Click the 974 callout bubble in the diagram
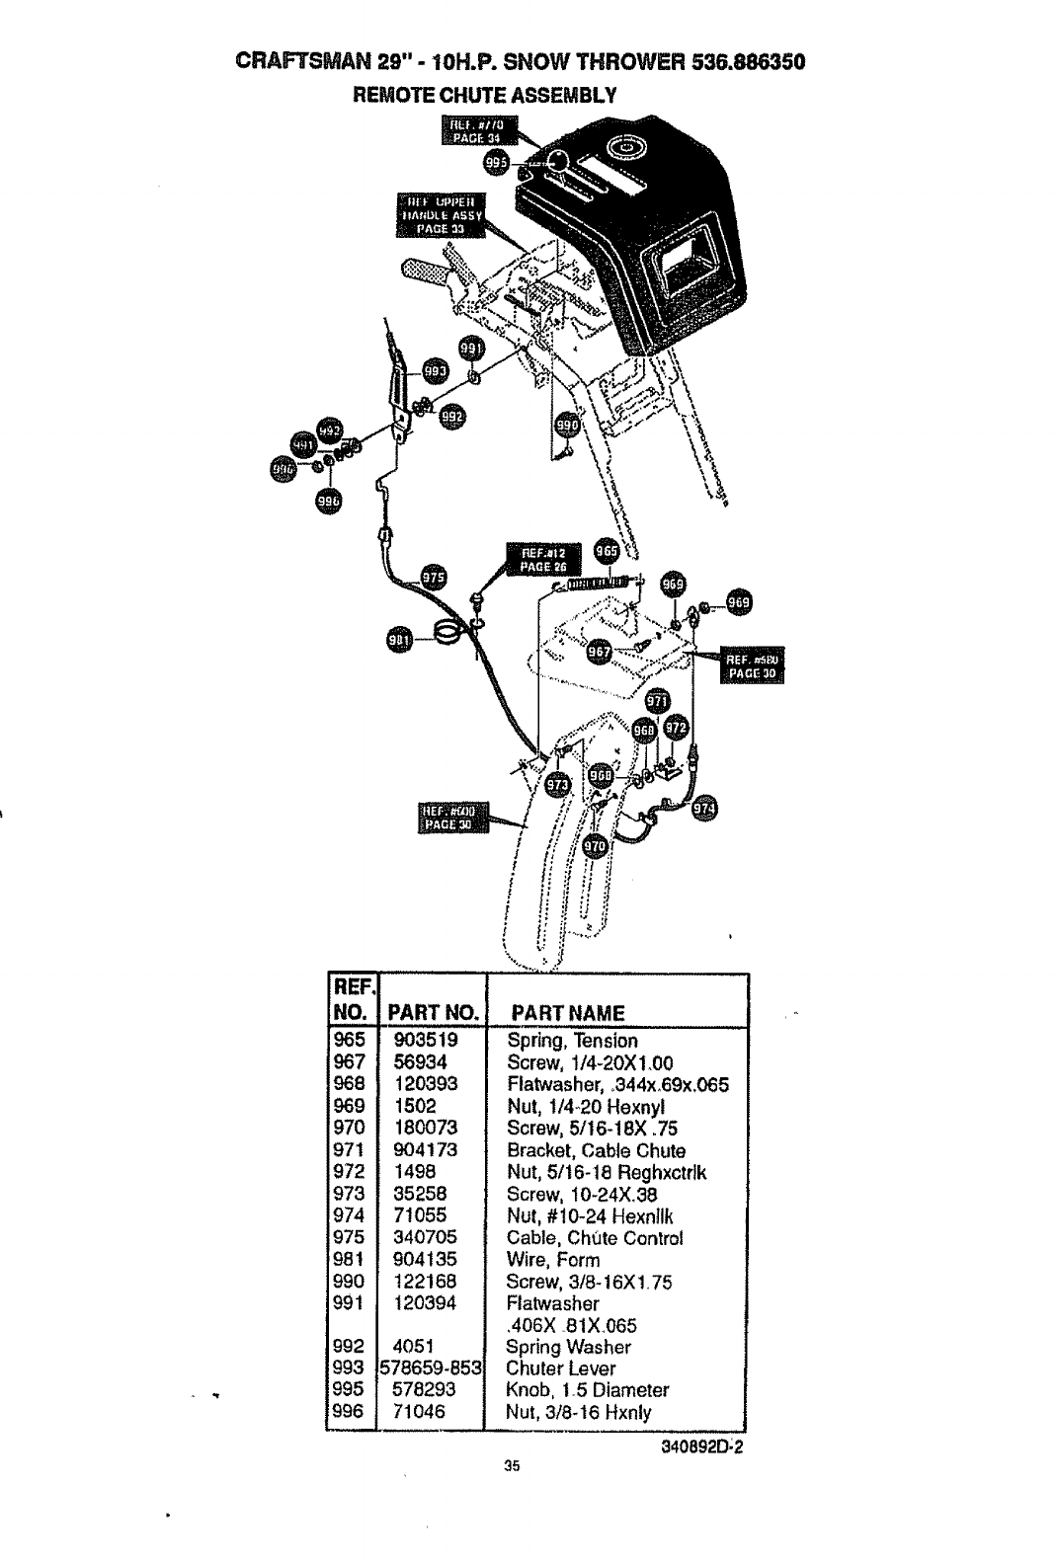point(705,808)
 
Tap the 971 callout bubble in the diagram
point(657,702)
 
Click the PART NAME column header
point(566,1014)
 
